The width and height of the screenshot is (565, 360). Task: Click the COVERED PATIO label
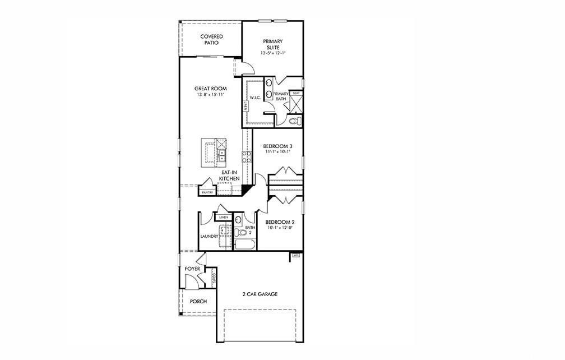tap(211, 39)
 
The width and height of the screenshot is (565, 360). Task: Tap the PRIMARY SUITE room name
tap(272, 44)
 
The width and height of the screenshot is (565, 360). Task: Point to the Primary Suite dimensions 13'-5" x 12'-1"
tap(272, 53)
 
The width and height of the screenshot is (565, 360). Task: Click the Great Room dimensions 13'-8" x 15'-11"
tap(210, 95)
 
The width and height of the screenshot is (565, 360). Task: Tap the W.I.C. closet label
tap(249, 97)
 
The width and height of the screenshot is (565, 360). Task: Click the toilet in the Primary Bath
tap(295, 121)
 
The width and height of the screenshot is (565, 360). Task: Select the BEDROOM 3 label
tap(278, 146)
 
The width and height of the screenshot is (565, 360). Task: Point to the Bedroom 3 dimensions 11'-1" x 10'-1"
tap(278, 152)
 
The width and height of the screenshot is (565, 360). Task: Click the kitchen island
tap(215, 152)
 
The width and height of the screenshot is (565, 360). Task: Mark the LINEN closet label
tap(223, 216)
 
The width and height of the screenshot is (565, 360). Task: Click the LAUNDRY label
tap(210, 237)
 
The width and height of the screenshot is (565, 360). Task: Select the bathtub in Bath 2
tap(244, 245)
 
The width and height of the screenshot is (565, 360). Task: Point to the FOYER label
tap(192, 269)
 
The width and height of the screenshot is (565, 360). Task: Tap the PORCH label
tap(198, 302)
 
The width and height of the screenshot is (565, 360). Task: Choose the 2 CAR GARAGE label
tap(260, 294)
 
